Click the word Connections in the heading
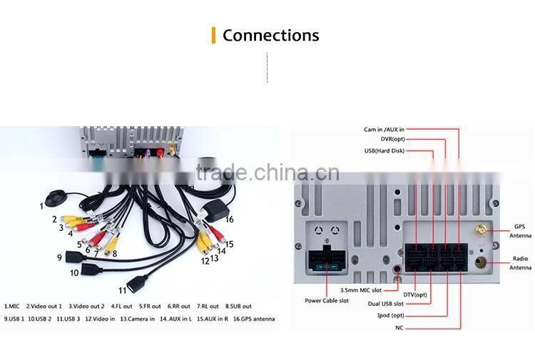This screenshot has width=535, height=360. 270,36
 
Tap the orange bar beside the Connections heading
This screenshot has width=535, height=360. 213,35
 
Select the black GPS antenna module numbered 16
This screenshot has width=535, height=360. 215,212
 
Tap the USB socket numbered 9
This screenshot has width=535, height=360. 75,257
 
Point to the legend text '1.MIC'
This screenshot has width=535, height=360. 11,307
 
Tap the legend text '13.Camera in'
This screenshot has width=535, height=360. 137,319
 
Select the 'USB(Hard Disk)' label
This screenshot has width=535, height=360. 385,150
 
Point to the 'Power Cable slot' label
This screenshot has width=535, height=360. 327,301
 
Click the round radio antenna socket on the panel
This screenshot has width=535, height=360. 481,262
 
